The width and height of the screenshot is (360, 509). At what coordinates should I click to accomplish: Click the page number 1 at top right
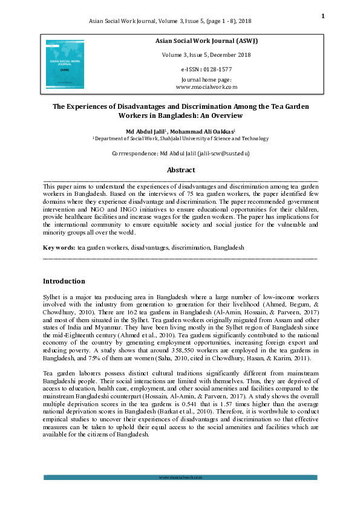(x=323, y=16)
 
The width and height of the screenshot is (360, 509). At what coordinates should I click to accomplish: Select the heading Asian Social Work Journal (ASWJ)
(x=206, y=41)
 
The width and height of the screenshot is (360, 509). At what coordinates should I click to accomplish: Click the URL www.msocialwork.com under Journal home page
(x=206, y=87)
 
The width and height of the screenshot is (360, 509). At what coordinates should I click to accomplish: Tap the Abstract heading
(x=180, y=170)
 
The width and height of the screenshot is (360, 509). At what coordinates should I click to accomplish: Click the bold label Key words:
(x=59, y=247)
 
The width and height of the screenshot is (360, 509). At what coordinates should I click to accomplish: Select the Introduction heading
(x=64, y=281)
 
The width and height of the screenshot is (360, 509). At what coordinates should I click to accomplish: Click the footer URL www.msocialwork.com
(x=180, y=478)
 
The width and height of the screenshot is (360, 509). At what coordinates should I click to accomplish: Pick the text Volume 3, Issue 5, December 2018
(x=206, y=55)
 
